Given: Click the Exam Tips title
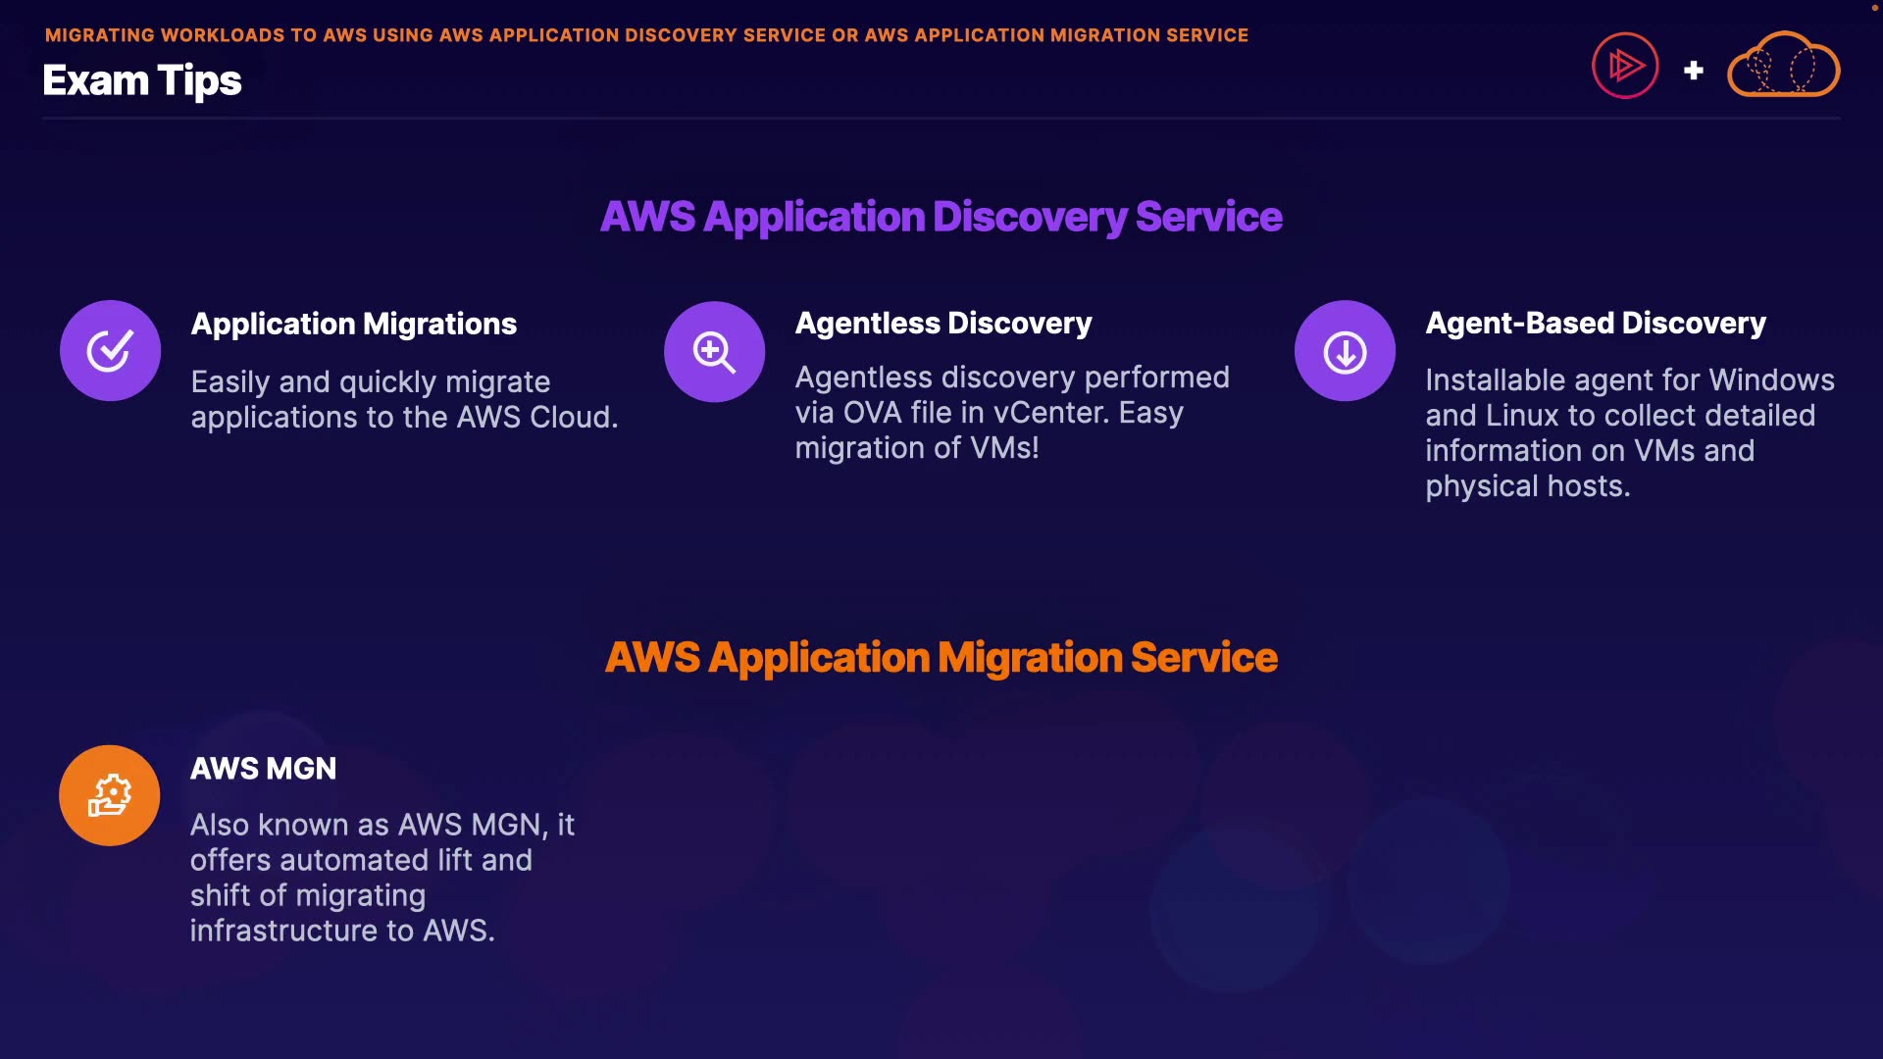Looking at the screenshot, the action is click(142, 80).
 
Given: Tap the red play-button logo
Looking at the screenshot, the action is click(1625, 66).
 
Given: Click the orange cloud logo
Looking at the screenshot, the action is click(1783, 66).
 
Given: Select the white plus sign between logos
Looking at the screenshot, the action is click(1693, 71).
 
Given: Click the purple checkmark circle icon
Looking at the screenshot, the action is click(110, 350).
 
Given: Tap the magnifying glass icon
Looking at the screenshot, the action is click(714, 351).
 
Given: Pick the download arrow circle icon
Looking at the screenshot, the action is click(1345, 351).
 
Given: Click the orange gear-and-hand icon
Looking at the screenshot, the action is click(110, 795).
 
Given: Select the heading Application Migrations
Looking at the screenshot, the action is click(353, 324).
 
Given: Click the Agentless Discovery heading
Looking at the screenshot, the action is click(942, 323).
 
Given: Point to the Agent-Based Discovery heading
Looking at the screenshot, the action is click(1595, 323).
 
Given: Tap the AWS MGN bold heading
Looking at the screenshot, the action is click(263, 768).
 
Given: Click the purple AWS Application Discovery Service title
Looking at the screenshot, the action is click(941, 217).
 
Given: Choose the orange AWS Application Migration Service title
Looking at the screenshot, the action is click(941, 657).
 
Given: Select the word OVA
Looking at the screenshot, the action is click(871, 413).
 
